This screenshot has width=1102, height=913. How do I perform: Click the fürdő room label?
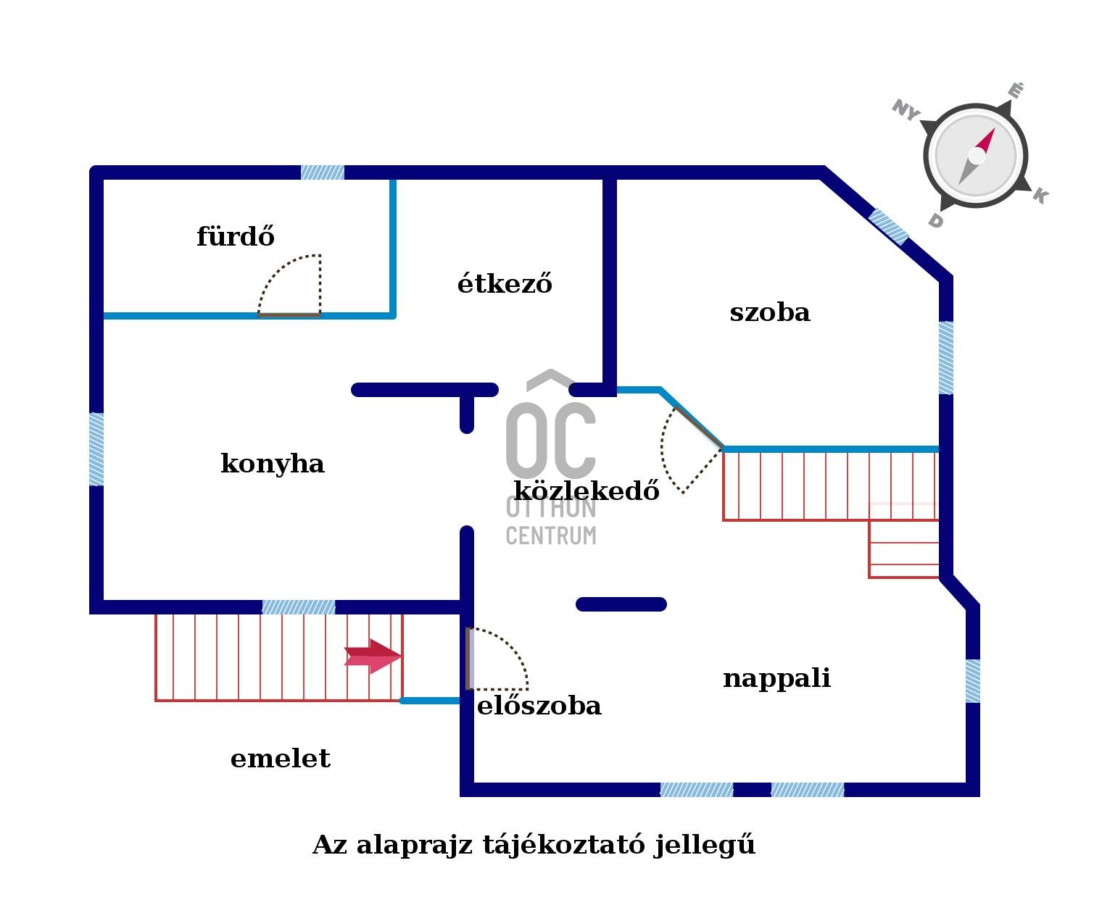[x=236, y=237]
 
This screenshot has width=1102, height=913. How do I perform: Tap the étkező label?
[x=505, y=283]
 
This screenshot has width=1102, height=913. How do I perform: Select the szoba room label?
[x=769, y=312]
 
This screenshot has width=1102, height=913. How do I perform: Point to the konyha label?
[x=272, y=464]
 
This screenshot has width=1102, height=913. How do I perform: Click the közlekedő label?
[x=587, y=491]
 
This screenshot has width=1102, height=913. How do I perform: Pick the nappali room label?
[x=776, y=678]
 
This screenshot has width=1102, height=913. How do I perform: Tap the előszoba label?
[x=539, y=706]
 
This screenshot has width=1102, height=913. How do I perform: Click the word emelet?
[x=280, y=759]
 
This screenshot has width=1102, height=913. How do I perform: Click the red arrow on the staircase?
[x=373, y=656]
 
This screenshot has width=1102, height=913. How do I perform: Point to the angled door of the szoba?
[x=692, y=449]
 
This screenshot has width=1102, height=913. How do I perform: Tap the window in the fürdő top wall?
[x=323, y=172]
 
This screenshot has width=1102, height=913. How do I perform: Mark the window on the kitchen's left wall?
[x=96, y=449]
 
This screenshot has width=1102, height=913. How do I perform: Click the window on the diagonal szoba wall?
[x=889, y=226]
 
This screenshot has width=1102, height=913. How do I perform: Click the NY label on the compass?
[x=906, y=110]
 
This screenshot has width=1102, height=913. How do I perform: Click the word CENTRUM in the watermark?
[x=551, y=535]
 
